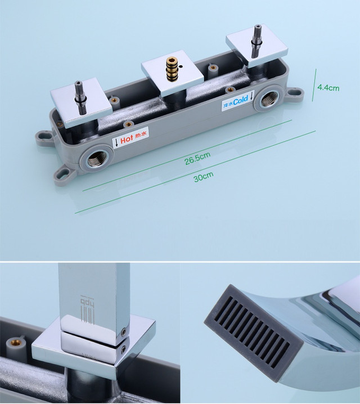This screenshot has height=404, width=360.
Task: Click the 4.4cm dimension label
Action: coord(328,88)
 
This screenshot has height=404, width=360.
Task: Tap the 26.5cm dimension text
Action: coord(197,158)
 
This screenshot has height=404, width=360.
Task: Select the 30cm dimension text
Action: coord(204,177)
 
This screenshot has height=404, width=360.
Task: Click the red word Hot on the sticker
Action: coord(127,140)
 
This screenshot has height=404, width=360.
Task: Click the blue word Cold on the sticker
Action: coord(241,100)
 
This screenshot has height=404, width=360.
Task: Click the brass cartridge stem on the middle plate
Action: coord(170,69)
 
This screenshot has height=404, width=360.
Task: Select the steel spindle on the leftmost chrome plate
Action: coord(79,97)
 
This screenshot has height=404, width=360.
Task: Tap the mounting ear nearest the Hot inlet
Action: coord(64,175)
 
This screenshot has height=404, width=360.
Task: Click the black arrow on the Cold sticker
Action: coord(251,95)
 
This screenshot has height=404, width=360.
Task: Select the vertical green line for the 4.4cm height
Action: coord(314,85)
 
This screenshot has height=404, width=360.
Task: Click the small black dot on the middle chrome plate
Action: coord(181,68)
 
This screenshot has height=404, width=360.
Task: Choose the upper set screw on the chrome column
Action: coord(124,331)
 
